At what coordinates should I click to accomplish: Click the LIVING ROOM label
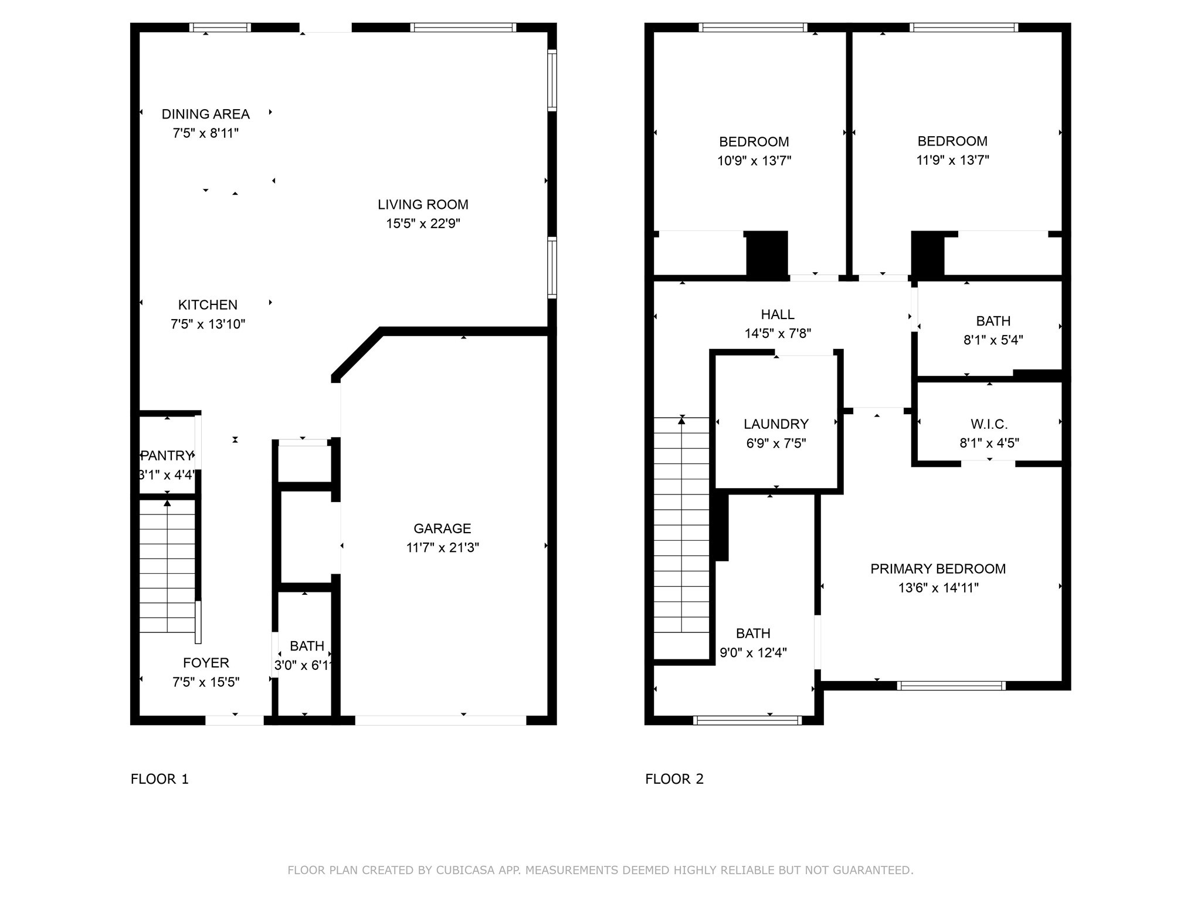tap(423, 205)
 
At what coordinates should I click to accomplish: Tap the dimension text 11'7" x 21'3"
tap(442, 548)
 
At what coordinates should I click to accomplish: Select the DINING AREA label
tap(205, 114)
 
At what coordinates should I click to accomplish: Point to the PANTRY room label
tap(167, 456)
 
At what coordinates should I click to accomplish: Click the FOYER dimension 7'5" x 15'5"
tap(206, 682)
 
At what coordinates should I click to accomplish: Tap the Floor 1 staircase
tap(167, 566)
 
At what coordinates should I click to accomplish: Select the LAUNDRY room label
tap(776, 424)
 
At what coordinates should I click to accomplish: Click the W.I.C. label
tap(989, 424)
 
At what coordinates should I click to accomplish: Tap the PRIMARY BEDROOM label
tap(938, 569)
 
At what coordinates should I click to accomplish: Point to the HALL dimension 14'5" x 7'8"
tap(778, 334)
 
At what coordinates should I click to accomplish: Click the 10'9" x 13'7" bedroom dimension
tap(754, 161)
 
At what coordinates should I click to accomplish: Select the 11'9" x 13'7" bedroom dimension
tap(952, 160)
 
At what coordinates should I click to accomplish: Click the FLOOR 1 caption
tap(160, 779)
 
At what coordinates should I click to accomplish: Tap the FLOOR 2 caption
tap(674, 779)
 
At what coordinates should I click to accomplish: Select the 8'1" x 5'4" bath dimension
tap(993, 340)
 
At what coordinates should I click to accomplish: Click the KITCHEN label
tap(208, 305)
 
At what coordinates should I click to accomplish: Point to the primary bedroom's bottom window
tap(951, 686)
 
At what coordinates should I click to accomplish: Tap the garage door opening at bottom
tap(440, 720)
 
